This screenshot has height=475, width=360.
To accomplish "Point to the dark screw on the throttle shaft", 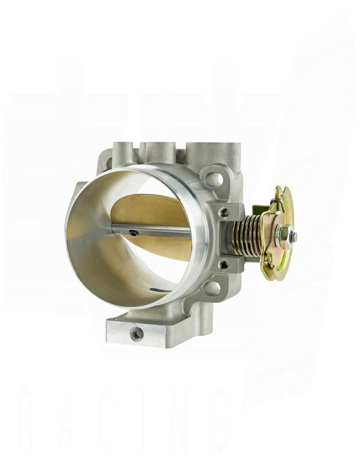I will click(134, 233).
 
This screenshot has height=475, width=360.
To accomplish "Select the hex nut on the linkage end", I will click(284, 235).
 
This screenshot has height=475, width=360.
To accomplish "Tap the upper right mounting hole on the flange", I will click(214, 179).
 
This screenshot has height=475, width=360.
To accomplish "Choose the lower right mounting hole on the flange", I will click(211, 287).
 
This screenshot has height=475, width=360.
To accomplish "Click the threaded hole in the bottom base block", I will click(137, 333).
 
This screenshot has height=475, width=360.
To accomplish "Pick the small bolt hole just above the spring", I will click(224, 212).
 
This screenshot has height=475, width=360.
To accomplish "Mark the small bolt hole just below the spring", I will click(223, 264).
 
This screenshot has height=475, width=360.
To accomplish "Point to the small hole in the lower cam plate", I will click(269, 258).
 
